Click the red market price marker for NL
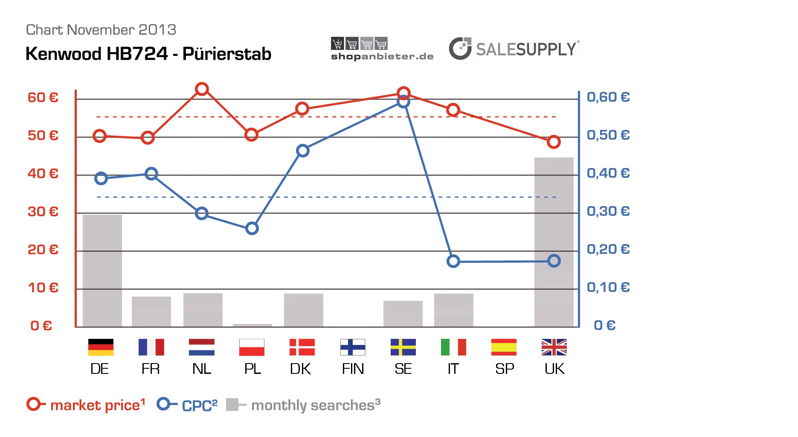[202, 89]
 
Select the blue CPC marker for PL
[252, 228]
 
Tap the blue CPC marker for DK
[302, 151]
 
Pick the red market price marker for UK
[554, 142]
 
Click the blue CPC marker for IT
[453, 261]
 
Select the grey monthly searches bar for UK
[554, 242]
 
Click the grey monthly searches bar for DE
[102, 271]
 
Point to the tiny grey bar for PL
[252, 325]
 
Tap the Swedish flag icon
[403, 347]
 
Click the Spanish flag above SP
[504, 347]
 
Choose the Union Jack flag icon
[554, 347]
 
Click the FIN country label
[353, 369]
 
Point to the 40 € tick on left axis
[43, 174]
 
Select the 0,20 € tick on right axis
[608, 249]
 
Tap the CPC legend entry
[188, 405]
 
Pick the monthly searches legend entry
[303, 405]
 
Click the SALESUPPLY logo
[514, 49]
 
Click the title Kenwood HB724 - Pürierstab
[148, 54]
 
